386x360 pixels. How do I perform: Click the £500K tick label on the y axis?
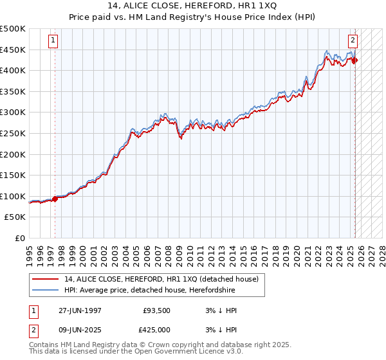[x=13, y=29]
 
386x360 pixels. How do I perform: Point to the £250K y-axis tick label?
[x=13, y=134]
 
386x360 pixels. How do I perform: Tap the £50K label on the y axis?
[x=15, y=217]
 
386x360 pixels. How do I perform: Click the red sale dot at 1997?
[x=55, y=199]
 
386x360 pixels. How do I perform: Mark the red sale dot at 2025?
[x=354, y=60]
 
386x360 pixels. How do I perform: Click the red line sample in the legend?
[x=46, y=279]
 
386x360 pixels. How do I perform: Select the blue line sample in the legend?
[x=46, y=290]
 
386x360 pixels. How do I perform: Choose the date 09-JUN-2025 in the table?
[x=79, y=330]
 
